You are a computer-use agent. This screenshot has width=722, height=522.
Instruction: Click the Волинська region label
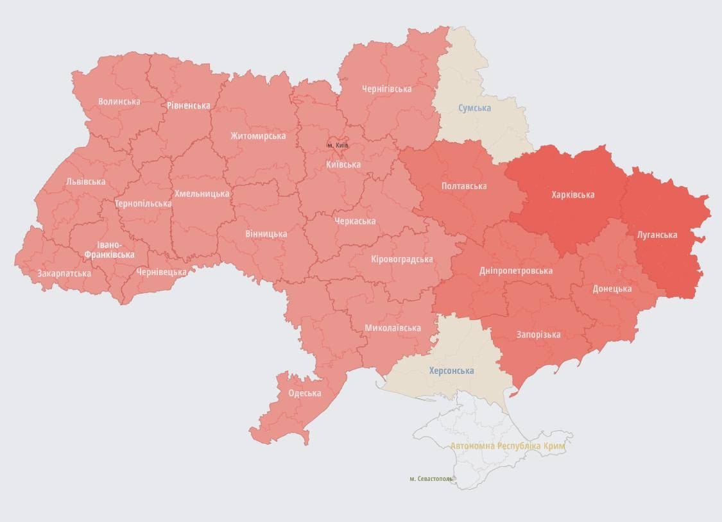119,101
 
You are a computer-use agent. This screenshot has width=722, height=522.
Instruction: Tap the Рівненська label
188,105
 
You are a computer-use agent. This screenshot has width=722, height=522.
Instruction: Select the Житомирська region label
258,136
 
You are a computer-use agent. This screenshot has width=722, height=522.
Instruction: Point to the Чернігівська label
386,88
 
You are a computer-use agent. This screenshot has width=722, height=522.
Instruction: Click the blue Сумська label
474,108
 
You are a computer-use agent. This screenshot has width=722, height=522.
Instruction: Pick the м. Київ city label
338,146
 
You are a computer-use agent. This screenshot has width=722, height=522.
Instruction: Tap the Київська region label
343,165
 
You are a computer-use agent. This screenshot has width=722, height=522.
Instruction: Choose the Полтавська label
464,186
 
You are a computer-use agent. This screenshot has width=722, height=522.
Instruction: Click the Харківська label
572,194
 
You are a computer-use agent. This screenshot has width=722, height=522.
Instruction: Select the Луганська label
657,235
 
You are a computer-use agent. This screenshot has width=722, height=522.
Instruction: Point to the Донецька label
612,289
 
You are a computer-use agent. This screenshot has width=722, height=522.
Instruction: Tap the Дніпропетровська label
516,271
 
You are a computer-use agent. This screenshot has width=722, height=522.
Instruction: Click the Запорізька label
538,334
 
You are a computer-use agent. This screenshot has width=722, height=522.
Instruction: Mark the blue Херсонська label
451,371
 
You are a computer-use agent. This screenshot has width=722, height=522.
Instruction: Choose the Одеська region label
304,393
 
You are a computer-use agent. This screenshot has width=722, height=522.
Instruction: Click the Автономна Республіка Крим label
511,445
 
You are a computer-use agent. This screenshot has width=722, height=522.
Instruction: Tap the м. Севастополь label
431,478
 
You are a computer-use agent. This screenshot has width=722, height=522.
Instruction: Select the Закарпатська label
64,273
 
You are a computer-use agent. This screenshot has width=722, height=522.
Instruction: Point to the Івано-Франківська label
109,250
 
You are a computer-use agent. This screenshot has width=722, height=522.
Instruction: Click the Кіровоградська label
402,259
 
